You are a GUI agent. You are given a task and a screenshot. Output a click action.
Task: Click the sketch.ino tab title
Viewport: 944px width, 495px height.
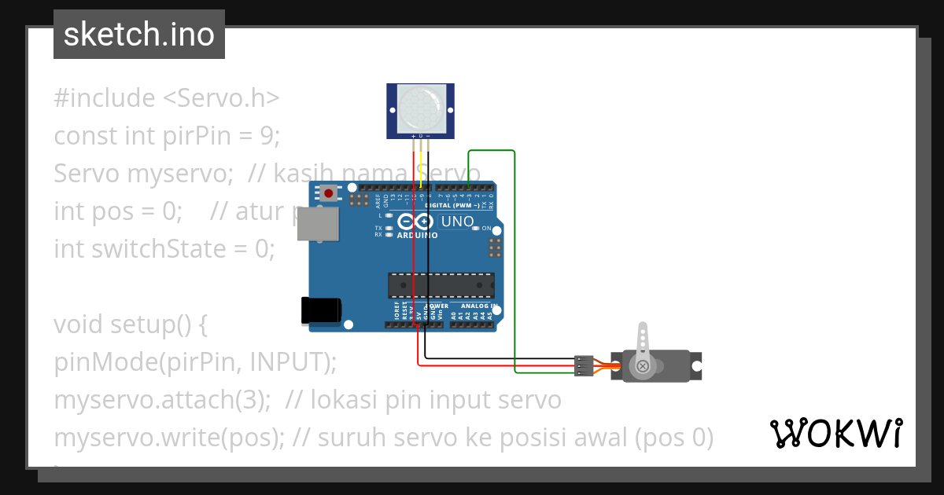139,35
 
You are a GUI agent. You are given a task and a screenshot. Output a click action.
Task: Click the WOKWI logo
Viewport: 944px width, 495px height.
835,434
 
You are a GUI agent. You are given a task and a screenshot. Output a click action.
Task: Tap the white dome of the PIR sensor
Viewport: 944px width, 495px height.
420,108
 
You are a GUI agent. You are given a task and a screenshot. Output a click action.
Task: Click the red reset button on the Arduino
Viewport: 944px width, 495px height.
328,192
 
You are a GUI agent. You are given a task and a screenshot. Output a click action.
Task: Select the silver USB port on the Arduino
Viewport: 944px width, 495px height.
317,223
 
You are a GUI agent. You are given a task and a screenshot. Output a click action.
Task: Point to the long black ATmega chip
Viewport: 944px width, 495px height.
441,285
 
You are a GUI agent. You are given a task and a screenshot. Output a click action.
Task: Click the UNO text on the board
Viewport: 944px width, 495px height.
457,222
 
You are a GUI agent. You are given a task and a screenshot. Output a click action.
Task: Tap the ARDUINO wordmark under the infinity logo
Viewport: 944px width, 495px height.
417,235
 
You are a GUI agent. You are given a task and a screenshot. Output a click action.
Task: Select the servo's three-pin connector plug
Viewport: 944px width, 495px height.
583,365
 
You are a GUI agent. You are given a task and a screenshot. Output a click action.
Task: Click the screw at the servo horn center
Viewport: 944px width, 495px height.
643,365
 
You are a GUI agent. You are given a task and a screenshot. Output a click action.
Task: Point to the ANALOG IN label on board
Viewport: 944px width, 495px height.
479,306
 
